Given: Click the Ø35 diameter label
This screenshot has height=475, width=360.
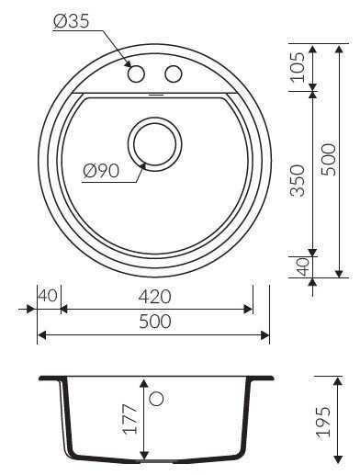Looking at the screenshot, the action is (71, 21).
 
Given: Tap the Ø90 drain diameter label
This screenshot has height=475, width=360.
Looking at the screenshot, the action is (101, 171).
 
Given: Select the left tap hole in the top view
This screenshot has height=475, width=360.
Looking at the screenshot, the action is (136, 74).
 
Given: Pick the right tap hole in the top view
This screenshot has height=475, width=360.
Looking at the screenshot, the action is (174, 74).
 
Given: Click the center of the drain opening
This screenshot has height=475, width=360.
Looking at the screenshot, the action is (155, 144).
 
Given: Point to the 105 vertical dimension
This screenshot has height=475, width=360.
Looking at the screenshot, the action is (298, 67).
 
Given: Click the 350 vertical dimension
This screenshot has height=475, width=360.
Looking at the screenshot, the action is (298, 180).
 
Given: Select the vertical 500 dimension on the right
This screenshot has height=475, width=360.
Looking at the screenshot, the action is (328, 160).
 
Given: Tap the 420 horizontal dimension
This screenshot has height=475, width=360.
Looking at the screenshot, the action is (154, 296).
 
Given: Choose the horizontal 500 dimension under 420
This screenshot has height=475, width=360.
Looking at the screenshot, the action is (155, 322).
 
